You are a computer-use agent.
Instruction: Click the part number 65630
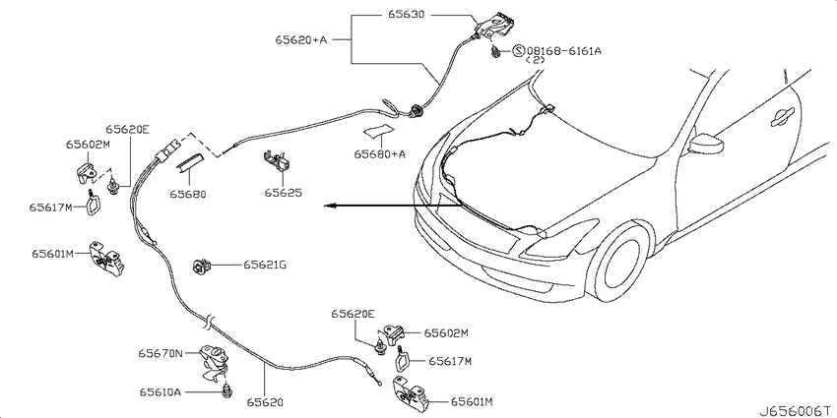[403, 15]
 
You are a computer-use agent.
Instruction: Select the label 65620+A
[300, 39]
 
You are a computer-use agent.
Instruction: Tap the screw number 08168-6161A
[564, 51]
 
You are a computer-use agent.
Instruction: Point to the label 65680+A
[379, 154]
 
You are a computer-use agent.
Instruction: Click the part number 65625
[283, 192]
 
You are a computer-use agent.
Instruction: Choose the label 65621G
[265, 264]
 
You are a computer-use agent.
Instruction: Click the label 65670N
[161, 353]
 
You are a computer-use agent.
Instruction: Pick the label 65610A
[161, 392]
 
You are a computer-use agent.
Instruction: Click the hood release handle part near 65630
[495, 25]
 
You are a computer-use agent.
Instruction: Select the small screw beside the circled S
[496, 52]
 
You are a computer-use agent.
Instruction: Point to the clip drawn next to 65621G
[202, 265]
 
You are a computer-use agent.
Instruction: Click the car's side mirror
[706, 144]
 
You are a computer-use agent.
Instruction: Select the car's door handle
[783, 117]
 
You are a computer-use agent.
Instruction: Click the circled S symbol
[519, 51]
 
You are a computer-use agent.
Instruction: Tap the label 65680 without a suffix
[187, 194]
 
